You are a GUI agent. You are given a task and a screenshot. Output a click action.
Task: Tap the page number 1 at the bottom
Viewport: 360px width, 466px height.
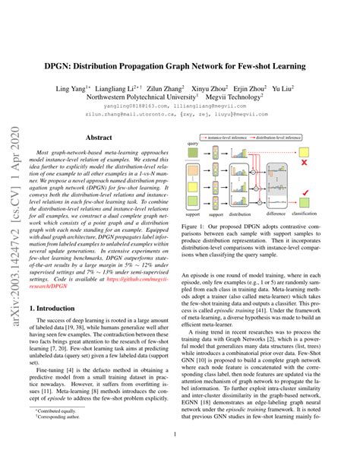(180, 434)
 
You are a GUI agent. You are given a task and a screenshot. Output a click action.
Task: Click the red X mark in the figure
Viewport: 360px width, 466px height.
(325, 163)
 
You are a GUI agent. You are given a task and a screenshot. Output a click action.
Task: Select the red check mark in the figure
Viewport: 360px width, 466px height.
(325, 193)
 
